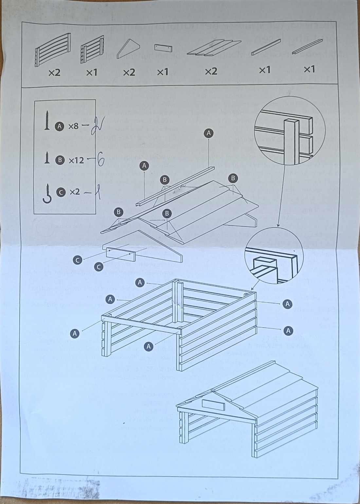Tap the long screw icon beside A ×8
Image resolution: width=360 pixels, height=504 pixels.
47,121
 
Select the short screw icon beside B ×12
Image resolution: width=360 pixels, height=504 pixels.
47,158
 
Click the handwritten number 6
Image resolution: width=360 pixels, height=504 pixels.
100,161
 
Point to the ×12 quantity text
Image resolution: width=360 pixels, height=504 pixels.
76,160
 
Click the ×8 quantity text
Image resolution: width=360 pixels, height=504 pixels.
73,126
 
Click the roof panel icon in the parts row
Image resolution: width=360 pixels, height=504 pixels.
213,48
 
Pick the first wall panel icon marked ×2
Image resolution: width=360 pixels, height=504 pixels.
52,50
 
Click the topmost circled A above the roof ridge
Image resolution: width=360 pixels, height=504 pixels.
208,133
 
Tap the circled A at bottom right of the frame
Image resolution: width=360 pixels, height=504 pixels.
288,331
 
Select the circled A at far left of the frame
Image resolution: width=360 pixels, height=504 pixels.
75,333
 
